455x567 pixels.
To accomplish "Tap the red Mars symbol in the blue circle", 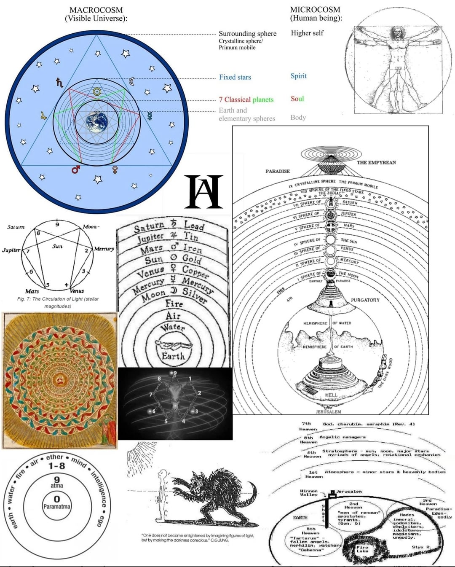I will pyautogui.click(x=75, y=169).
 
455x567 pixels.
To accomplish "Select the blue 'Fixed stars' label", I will pyautogui.click(x=235, y=77).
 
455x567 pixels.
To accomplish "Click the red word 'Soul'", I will pyautogui.click(x=297, y=99).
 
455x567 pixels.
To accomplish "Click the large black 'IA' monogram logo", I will pyautogui.click(x=203, y=192).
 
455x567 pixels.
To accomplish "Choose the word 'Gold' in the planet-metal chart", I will pyautogui.click(x=191, y=258).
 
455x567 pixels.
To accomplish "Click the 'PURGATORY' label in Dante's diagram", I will pyautogui.click(x=365, y=300).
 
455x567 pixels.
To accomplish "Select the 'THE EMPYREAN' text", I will pyautogui.click(x=376, y=162).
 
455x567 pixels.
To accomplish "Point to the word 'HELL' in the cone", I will pyautogui.click(x=331, y=395).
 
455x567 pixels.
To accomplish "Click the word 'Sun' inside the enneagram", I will pyautogui.click(x=57, y=246).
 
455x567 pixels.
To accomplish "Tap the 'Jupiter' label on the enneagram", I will pyautogui.click(x=11, y=250).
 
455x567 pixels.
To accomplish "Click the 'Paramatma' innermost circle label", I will pyautogui.click(x=56, y=506).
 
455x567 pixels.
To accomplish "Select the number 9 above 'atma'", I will pyautogui.click(x=57, y=479).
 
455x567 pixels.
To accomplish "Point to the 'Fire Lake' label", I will pyautogui.click(x=362, y=549).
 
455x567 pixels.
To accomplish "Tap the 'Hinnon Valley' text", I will pyautogui.click(x=309, y=493).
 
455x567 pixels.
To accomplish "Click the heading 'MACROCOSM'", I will pyautogui.click(x=96, y=10).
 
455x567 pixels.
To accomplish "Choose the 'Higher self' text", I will pyautogui.click(x=307, y=33).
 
